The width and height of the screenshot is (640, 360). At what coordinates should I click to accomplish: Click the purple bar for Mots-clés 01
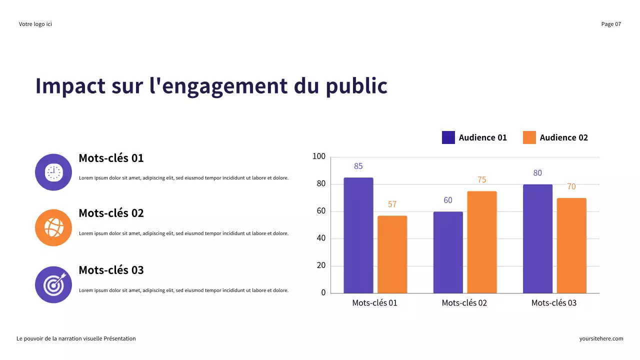pyautogui.click(x=358, y=235)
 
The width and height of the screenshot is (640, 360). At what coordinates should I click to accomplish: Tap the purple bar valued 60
pyautogui.click(x=448, y=252)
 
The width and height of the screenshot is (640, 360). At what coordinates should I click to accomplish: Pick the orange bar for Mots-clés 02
pyautogui.click(x=482, y=242)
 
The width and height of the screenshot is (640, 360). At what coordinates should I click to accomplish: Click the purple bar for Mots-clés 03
pyautogui.click(x=537, y=238)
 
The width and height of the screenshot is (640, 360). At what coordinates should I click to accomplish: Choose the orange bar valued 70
pyautogui.click(x=571, y=245)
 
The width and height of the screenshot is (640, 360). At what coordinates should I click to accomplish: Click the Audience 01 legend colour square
pyautogui.click(x=448, y=137)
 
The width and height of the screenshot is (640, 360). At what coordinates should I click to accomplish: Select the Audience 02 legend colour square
pyautogui.click(x=529, y=137)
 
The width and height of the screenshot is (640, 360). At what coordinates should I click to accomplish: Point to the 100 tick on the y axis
pyautogui.click(x=319, y=157)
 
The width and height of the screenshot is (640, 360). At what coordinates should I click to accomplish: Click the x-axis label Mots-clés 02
pyautogui.click(x=464, y=303)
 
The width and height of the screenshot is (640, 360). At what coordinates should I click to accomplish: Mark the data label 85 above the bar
pyautogui.click(x=358, y=166)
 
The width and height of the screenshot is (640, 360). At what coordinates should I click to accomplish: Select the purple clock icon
pyautogui.click(x=53, y=172)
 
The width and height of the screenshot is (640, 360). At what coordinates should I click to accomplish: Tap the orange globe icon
pyautogui.click(x=53, y=227)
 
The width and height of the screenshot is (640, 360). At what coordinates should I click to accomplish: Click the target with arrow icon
pyautogui.click(x=53, y=284)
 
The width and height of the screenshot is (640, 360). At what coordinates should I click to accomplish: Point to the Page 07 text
pyautogui.click(x=611, y=24)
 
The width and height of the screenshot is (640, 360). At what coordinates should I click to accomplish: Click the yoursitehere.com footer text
pyautogui.click(x=601, y=338)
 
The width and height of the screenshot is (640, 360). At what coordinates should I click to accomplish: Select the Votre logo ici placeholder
pyautogui.click(x=35, y=24)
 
